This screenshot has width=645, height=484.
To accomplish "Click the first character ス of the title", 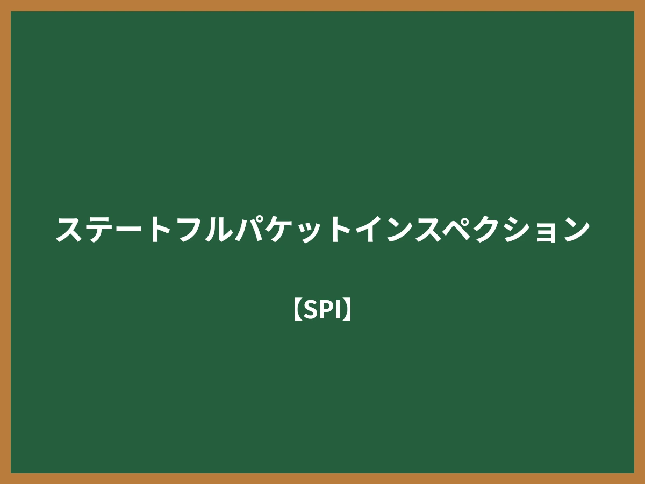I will coord(69,230).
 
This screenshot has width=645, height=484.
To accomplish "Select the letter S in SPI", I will coord(311,310).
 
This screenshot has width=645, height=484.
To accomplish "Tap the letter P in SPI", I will coord(326,310).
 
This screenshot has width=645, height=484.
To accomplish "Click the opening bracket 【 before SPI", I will coord(297,310).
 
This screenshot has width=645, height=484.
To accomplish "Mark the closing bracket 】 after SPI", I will coord(348,310).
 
